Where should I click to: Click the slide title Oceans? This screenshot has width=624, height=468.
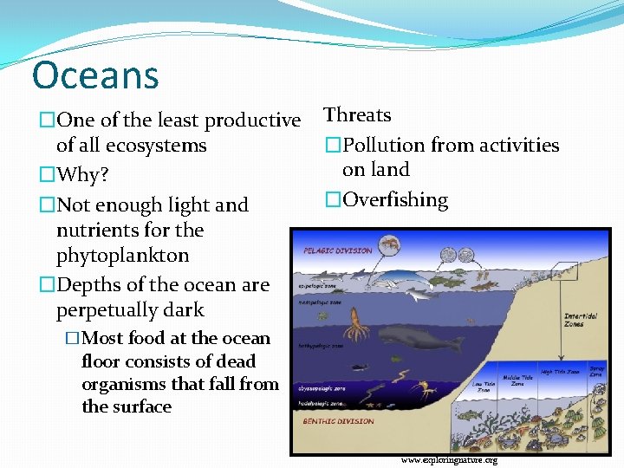(x=95, y=75)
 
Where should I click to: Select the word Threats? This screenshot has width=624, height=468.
(x=357, y=115)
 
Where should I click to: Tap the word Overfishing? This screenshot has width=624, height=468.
(x=395, y=200)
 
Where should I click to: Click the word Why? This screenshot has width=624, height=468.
(x=82, y=175)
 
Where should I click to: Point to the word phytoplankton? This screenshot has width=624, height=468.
(x=122, y=256)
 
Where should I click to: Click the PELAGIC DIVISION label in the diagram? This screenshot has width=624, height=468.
(x=338, y=251)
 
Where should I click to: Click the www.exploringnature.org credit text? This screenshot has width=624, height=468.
(x=449, y=460)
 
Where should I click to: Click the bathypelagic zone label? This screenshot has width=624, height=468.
(x=322, y=345)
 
